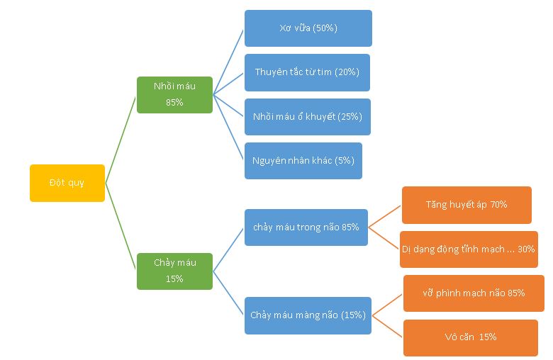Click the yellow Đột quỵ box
point(67,183)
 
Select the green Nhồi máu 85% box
point(174,94)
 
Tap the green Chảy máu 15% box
point(174,271)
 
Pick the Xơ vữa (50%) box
point(308,28)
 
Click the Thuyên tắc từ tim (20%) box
point(307,72)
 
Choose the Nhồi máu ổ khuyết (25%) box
point(307,116)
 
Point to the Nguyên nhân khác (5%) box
point(303,160)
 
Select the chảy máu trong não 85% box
point(306,227)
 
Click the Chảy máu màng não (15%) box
point(308,315)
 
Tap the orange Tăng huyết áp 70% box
point(466,205)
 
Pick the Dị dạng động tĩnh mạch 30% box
point(468,249)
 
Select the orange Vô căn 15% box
point(470,337)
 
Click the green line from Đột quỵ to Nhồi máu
point(121,138)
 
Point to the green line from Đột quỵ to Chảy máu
point(121,227)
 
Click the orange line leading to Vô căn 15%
point(388,325)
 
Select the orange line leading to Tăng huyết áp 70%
point(385,216)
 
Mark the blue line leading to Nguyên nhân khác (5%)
point(228,127)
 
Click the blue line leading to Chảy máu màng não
point(228,293)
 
